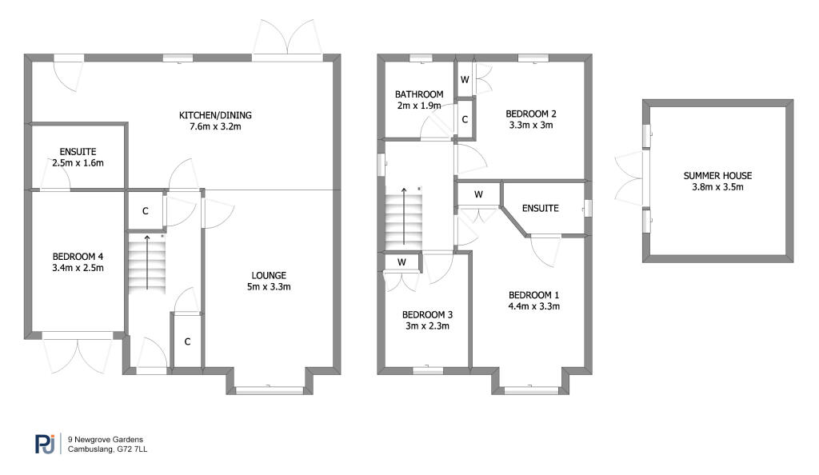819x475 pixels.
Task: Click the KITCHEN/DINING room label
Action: (210, 115)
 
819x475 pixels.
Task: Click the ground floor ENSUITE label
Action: (78, 151)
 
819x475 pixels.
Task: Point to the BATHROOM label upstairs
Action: (418, 94)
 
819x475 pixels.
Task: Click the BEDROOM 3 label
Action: (425, 314)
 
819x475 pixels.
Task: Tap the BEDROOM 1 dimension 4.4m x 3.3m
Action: (533, 305)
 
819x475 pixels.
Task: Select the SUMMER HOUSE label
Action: (717, 176)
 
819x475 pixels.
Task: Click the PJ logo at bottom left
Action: (45, 444)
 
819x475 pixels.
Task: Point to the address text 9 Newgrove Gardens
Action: (106, 440)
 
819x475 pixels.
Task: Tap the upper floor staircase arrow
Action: (404, 217)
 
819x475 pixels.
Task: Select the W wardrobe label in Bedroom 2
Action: (465, 79)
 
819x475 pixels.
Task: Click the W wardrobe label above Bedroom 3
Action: (401, 261)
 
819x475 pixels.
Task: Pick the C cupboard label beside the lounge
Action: (188, 341)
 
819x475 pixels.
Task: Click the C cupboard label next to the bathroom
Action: (465, 119)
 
